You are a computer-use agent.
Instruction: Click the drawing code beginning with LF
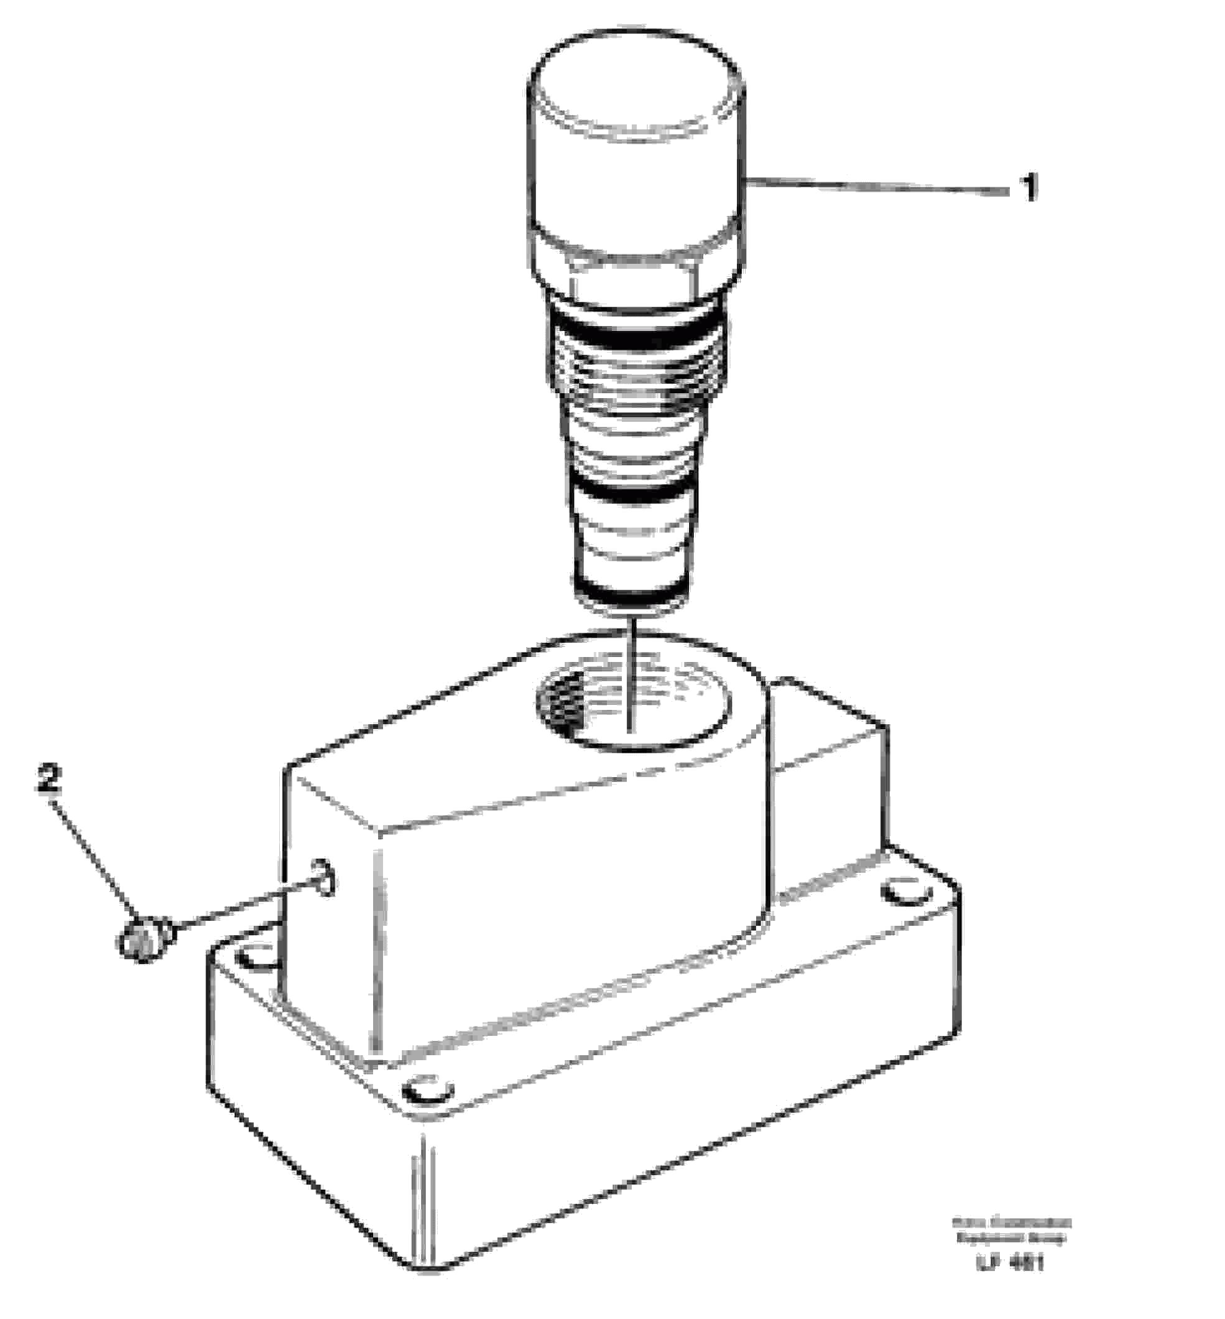click(x=1010, y=1263)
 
